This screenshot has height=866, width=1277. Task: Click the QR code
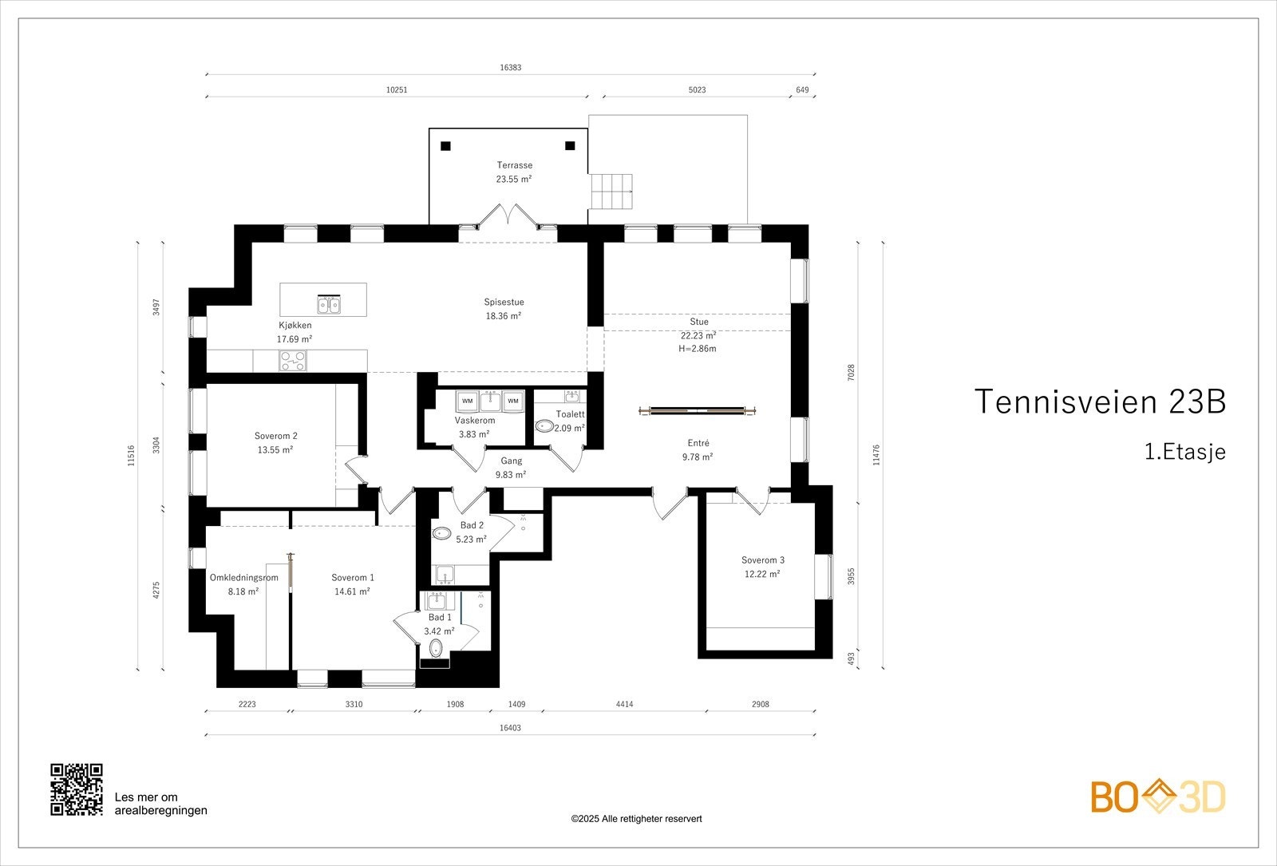click(x=77, y=789)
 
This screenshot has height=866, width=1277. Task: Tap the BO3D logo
click(x=1158, y=797)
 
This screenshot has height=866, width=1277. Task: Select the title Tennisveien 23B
click(x=1100, y=401)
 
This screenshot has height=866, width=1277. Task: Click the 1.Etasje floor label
click(x=1184, y=452)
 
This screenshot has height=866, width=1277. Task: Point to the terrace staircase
click(x=611, y=191)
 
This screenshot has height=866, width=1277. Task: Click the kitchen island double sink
click(x=329, y=304)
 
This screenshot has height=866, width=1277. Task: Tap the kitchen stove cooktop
click(x=292, y=360)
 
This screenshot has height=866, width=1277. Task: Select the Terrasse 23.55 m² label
click(x=514, y=172)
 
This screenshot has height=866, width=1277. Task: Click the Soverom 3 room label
click(x=763, y=567)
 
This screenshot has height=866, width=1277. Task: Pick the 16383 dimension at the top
click(x=510, y=67)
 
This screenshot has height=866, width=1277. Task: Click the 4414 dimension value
click(x=624, y=704)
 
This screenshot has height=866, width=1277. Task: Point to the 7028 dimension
click(x=851, y=372)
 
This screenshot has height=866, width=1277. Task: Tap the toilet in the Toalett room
click(x=544, y=426)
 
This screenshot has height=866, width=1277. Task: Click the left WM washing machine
click(x=467, y=401)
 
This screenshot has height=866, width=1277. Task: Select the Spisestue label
click(x=504, y=303)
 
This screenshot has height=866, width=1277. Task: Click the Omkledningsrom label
click(x=244, y=578)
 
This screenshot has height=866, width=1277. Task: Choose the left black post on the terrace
click(x=446, y=146)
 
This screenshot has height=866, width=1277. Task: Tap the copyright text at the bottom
click(x=636, y=819)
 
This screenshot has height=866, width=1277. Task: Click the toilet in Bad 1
click(x=436, y=648)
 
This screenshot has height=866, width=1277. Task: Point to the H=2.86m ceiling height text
click(x=698, y=348)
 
